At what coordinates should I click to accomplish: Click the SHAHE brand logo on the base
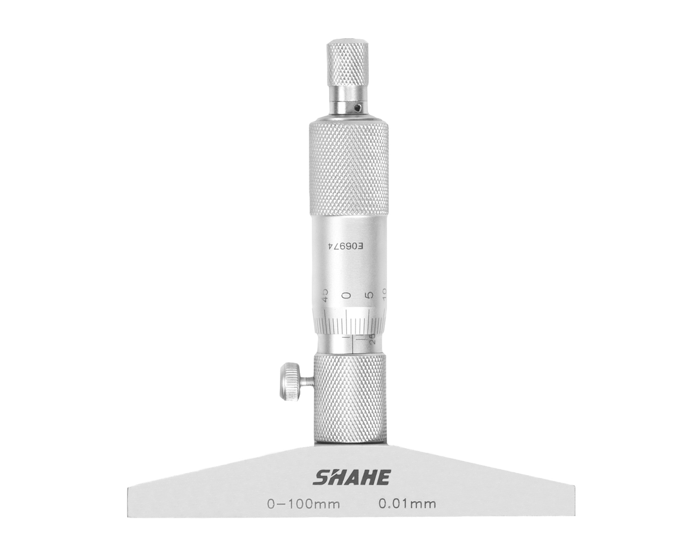click(352, 477)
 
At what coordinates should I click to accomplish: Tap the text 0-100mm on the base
click(303, 504)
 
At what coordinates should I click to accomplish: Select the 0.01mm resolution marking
click(407, 504)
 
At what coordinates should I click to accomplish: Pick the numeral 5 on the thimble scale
click(370, 295)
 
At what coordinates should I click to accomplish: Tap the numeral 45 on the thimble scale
click(324, 295)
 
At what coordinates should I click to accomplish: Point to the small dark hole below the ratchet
click(359, 107)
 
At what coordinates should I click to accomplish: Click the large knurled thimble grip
click(349, 170)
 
